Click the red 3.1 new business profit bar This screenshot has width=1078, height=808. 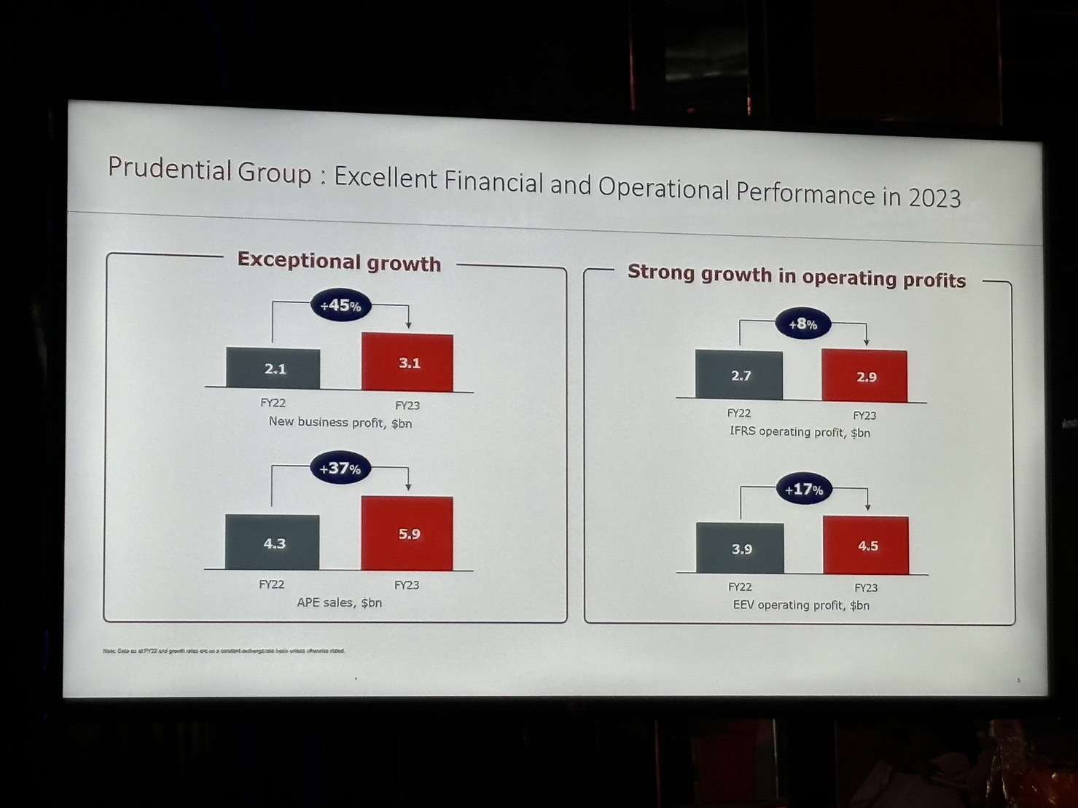click(407, 363)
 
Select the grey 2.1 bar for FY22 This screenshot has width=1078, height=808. click(273, 369)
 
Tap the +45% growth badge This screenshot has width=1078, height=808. click(341, 305)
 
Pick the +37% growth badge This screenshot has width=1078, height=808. click(340, 468)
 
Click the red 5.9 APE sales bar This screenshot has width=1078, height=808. click(407, 533)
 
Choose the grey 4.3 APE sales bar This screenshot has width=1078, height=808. click(273, 543)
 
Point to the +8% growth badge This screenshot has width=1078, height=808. click(802, 323)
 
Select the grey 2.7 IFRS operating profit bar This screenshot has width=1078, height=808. click(739, 375)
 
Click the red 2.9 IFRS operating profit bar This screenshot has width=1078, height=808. click(864, 376)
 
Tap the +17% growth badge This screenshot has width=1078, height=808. click(804, 490)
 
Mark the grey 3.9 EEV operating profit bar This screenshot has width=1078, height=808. click(740, 548)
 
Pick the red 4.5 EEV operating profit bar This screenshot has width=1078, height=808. click(866, 546)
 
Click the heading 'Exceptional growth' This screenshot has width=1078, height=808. click(339, 262)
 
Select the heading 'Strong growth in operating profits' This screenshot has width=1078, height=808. click(796, 276)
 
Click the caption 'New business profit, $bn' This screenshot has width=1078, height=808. click(340, 423)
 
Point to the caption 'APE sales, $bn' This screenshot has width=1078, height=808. click(339, 603)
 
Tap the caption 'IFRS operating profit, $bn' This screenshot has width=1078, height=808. click(800, 432)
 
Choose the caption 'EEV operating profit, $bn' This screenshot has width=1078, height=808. click(800, 605)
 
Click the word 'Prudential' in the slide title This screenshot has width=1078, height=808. click(169, 169)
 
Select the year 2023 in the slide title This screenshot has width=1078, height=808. click(934, 197)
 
